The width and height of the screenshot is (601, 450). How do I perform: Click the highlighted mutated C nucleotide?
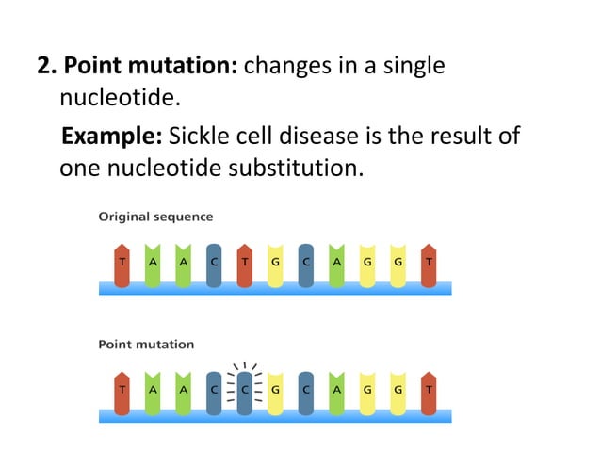(245, 388)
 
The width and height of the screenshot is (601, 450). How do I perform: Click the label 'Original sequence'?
(155, 217)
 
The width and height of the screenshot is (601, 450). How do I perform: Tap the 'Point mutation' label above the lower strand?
(146, 344)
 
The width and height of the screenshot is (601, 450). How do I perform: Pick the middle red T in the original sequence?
(245, 261)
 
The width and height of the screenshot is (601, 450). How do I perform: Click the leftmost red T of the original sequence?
(122, 261)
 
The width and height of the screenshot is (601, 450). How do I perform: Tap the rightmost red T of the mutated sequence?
(429, 388)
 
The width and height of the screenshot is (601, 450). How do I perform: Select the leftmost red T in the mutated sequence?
(122, 388)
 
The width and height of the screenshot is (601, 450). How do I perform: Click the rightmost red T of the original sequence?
(429, 261)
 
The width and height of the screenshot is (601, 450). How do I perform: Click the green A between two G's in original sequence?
(336, 261)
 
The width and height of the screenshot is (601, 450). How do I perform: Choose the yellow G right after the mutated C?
(275, 388)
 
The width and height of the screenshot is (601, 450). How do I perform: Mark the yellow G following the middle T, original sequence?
(275, 261)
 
